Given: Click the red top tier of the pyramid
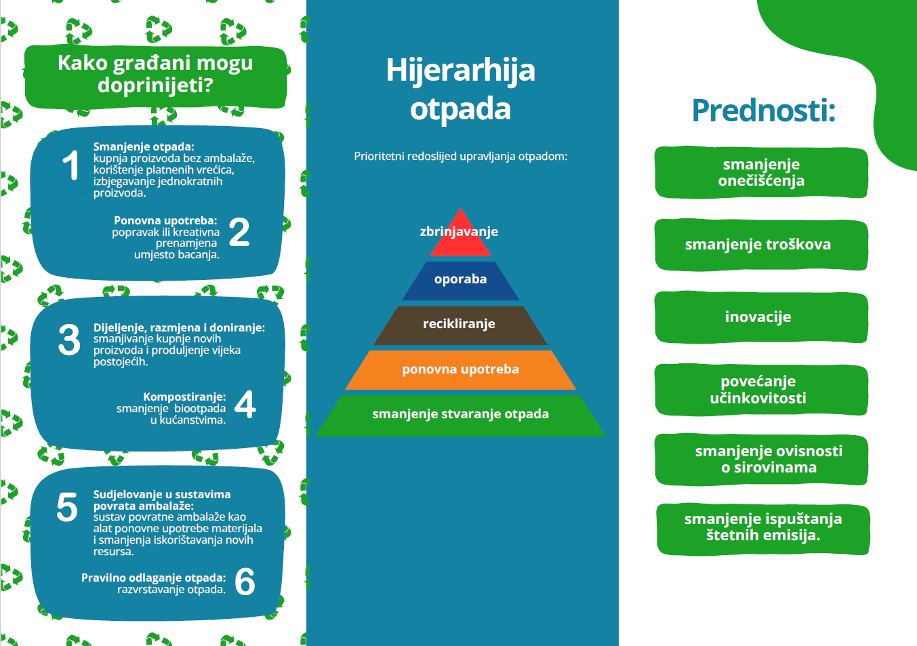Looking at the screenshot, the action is (x=461, y=237).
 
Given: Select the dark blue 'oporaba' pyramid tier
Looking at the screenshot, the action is (x=461, y=281).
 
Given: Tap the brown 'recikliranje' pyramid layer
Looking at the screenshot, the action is (x=461, y=325).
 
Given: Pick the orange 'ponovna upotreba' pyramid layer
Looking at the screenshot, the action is (x=461, y=370).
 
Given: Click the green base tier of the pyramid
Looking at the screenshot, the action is (x=461, y=416).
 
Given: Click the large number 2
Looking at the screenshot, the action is (x=239, y=232).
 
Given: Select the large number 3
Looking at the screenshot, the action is (x=69, y=340).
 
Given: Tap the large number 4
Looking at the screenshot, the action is (x=245, y=404).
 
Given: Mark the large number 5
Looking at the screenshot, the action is (x=67, y=507).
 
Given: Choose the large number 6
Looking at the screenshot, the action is (x=245, y=582).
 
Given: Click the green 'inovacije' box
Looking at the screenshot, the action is (x=761, y=317).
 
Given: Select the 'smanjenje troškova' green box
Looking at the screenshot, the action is (x=761, y=245).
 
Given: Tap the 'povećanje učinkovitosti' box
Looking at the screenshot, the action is (x=761, y=390).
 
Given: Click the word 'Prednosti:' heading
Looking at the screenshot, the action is (x=763, y=110).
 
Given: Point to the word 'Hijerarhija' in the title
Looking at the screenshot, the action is (x=461, y=70).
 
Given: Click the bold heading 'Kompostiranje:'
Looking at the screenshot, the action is (x=184, y=397).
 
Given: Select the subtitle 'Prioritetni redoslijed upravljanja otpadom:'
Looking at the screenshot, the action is (x=461, y=157).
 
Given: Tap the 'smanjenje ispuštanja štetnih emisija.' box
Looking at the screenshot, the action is (x=763, y=529).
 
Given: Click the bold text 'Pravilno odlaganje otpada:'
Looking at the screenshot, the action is (x=154, y=578).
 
